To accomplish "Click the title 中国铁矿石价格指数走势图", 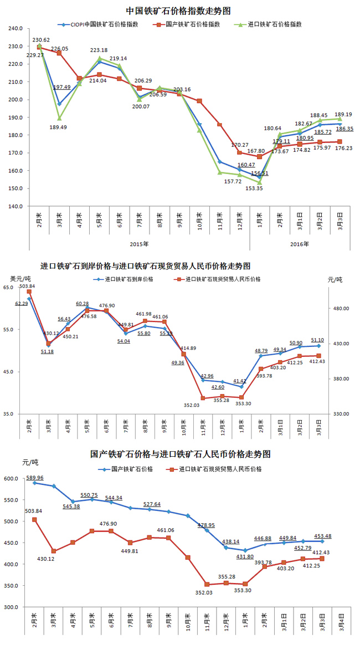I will pyautogui.click(x=178, y=11).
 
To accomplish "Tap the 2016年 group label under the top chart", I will pyautogui.click(x=300, y=243).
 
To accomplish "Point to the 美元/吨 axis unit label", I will pyautogui.click(x=20, y=278).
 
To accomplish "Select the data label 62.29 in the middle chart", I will pyautogui.click(x=22, y=304).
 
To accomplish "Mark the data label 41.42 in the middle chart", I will pyautogui.click(x=240, y=381).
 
